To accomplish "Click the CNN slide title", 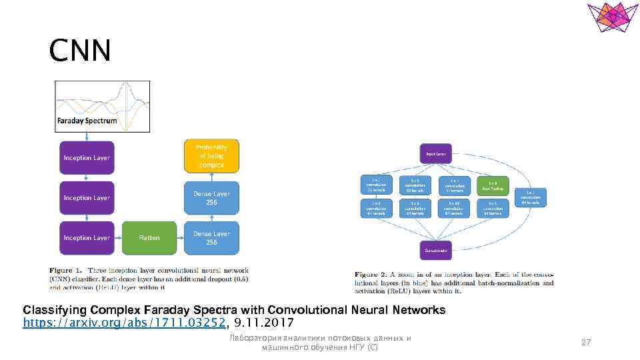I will coord(79,51).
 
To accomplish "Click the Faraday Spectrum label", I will coord(86,121).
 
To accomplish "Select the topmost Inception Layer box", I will coord(87,158).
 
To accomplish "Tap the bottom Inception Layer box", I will coord(87,238).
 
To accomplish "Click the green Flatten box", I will coord(149,238).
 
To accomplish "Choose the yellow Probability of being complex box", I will coord(211,155).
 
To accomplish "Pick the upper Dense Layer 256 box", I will coord(211,198).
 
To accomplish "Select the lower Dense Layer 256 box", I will coord(211,238).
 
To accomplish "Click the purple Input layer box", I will coord(435,154).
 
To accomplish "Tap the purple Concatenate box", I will coord(435,250).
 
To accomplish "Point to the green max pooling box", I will coord(492,185).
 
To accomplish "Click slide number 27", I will coord(586,343).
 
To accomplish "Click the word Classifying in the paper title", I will coord(51,310).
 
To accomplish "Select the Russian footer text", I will coord(320,343).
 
